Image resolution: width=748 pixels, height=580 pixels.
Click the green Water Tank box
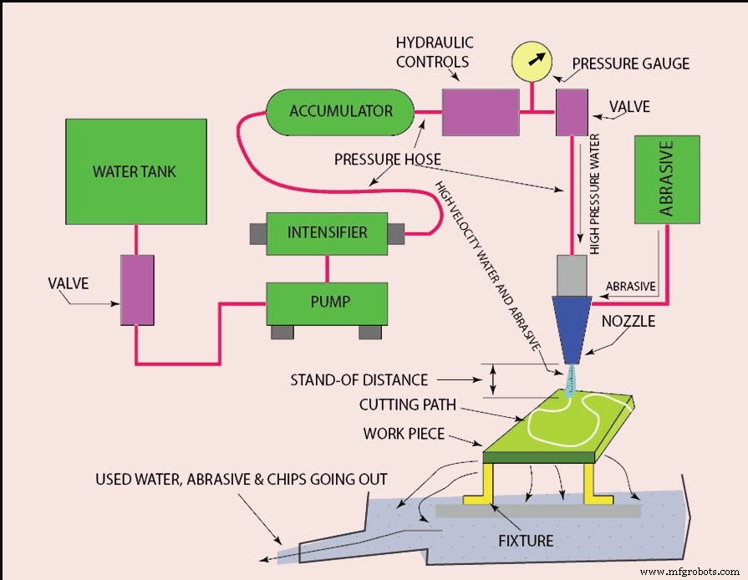click(136, 171)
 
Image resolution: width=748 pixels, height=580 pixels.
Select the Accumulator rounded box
click(340, 111)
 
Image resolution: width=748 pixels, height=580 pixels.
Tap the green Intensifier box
click(327, 232)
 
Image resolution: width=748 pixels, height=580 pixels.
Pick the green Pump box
click(327, 303)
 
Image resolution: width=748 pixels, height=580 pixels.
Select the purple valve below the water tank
click(137, 290)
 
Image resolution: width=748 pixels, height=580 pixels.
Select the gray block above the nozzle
click(572, 274)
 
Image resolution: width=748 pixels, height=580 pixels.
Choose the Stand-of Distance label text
click(359, 380)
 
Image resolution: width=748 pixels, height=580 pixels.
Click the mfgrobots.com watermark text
click(689, 571)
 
